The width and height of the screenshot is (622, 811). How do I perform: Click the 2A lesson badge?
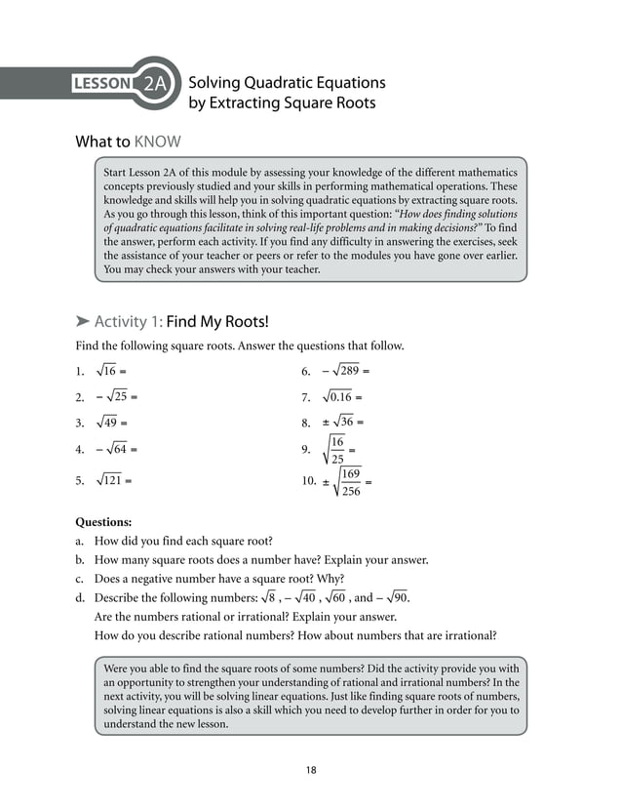click(x=155, y=84)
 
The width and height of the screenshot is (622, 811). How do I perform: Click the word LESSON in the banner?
click(x=102, y=84)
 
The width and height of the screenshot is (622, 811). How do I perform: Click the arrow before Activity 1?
click(x=83, y=322)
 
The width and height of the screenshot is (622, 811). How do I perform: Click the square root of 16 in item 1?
click(x=107, y=371)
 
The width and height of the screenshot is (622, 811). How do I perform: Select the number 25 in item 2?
click(x=119, y=397)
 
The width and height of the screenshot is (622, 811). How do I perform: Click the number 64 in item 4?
click(x=119, y=450)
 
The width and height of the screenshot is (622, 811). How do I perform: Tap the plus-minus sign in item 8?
click(x=327, y=423)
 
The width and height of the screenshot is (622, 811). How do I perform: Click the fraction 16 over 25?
click(x=336, y=450)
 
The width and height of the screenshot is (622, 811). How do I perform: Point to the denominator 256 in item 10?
click(x=351, y=491)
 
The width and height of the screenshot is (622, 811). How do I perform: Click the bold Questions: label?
click(x=103, y=522)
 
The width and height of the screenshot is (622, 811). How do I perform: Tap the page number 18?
click(x=310, y=771)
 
